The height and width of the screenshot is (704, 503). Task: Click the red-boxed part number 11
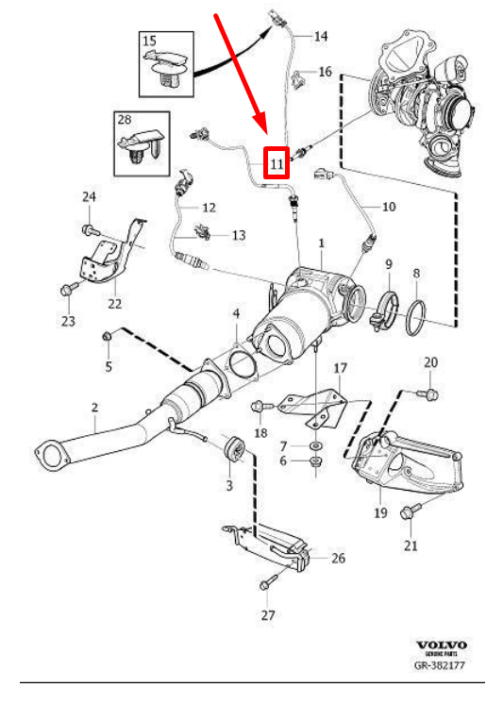276,162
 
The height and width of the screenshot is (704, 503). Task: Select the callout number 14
321,37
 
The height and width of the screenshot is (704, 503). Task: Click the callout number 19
380,512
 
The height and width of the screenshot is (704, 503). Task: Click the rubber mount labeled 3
232,452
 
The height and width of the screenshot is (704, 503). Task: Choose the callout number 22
114,303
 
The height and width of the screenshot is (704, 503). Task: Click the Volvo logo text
441,645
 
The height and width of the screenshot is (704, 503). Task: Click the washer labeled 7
314,444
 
